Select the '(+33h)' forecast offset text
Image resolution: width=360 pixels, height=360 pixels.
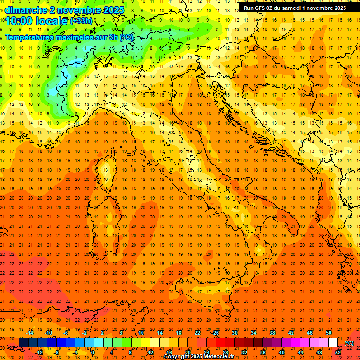(81, 21)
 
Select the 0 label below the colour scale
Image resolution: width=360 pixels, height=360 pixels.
(93, 352)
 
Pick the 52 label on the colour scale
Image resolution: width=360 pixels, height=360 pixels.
(338, 352)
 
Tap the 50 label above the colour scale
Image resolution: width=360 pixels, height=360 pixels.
(329, 333)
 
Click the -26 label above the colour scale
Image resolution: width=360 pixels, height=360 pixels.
(215, 333)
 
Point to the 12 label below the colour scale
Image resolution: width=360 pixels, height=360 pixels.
(150, 352)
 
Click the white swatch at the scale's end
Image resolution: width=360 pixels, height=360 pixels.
(333, 343)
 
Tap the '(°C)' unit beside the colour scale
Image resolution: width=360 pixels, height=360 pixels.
(349, 343)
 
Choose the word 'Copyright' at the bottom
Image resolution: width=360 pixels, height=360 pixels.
(176, 357)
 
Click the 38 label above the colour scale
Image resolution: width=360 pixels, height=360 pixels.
(272, 333)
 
